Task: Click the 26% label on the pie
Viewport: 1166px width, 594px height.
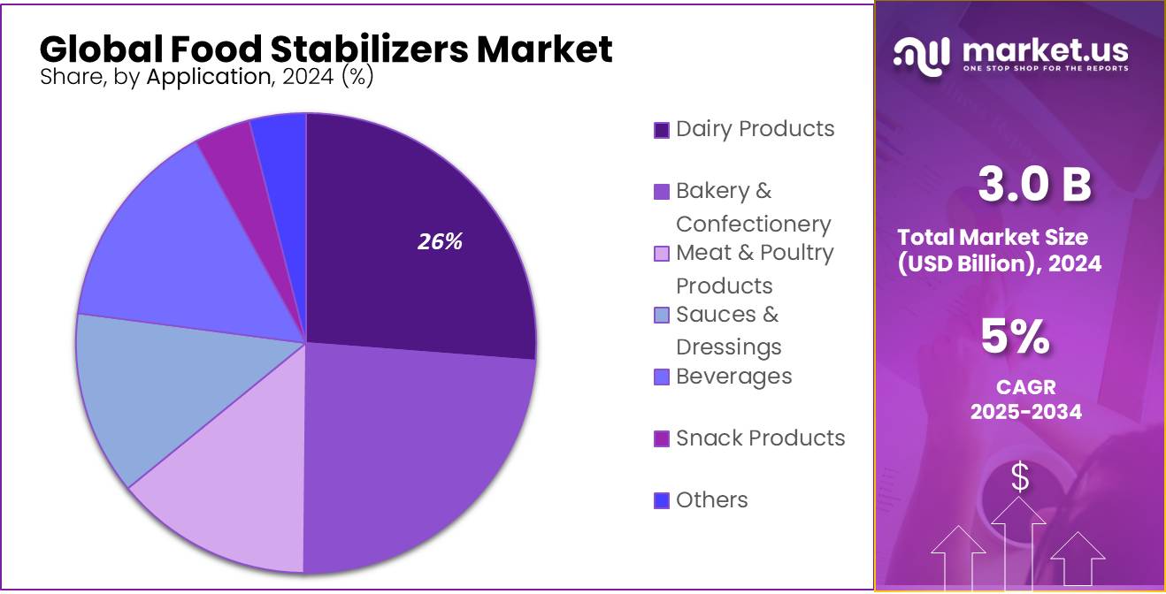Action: [440, 241]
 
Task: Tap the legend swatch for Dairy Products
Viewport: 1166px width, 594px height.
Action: [662, 131]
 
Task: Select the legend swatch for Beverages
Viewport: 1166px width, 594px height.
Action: [662, 377]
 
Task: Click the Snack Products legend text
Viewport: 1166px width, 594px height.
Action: [760, 438]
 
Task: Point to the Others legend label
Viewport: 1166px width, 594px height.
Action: [711, 499]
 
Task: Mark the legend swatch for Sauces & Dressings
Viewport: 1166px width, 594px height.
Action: [662, 316]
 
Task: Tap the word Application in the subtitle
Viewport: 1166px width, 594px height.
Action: [209, 77]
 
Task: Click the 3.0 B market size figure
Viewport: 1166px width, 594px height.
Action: [1034, 185]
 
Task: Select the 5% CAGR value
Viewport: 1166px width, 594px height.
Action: [1015, 338]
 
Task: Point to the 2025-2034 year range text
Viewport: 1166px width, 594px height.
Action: [1025, 411]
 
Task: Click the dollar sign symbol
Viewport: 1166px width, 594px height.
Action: [1020, 477]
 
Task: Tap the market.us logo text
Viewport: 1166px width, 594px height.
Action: [1043, 50]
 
